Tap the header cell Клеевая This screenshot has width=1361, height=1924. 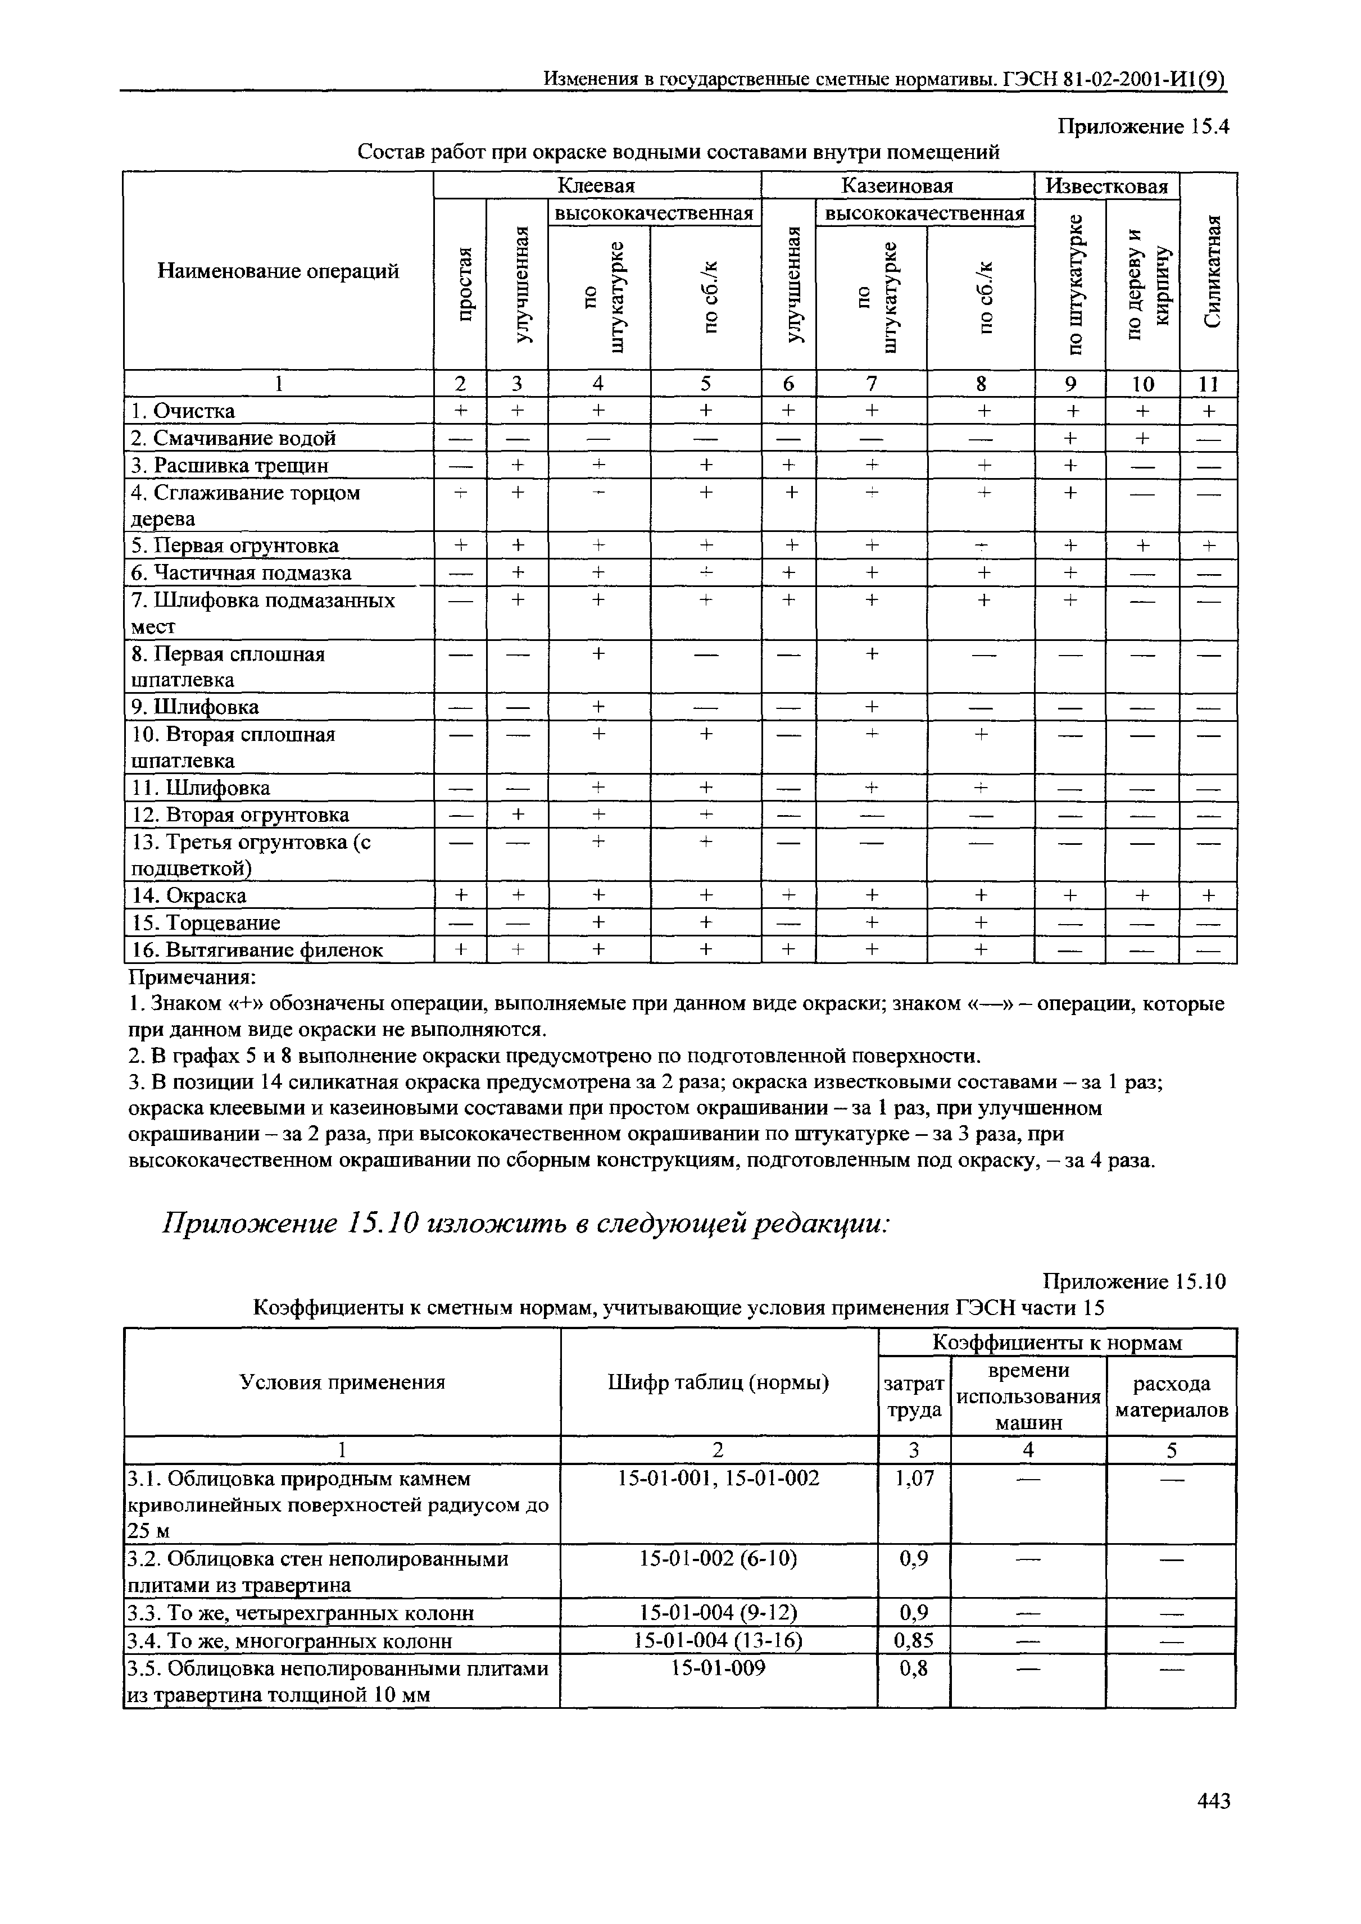(597, 185)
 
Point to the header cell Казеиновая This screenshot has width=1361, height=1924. (897, 185)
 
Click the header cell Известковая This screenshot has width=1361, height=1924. (1107, 186)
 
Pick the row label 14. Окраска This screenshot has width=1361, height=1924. (189, 896)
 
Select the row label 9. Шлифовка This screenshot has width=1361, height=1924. (195, 707)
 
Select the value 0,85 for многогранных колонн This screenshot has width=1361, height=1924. (914, 1640)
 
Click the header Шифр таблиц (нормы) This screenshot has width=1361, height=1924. (718, 1382)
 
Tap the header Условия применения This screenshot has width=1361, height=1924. (342, 1382)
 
